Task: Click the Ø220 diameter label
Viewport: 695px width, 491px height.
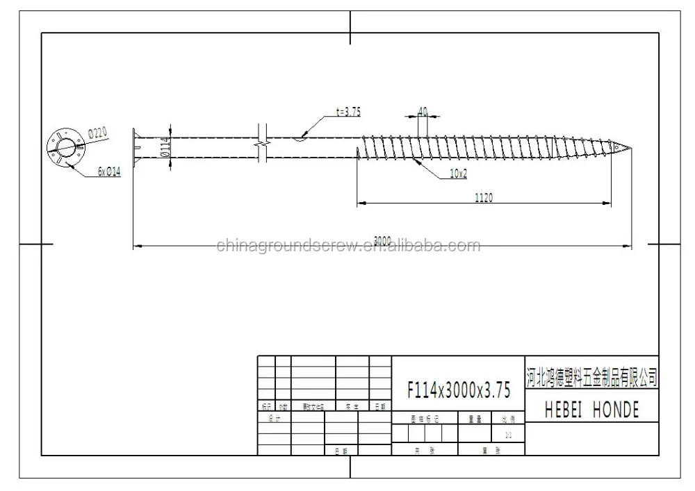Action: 98,132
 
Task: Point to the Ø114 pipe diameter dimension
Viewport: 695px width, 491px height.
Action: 165,147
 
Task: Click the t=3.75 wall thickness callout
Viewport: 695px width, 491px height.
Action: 347,111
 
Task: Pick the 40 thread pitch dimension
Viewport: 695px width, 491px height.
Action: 423,111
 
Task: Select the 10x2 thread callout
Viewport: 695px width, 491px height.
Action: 457,174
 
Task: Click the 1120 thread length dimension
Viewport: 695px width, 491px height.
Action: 484,198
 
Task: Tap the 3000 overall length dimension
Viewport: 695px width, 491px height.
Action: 382,240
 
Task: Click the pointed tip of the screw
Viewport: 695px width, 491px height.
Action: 630,147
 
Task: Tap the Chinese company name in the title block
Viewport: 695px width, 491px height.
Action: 591,378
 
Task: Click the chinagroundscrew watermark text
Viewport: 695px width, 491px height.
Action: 347,246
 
